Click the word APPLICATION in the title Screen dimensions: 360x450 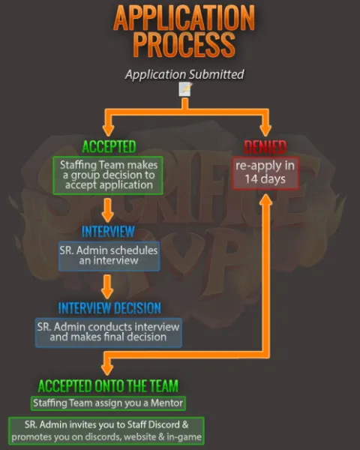(184, 18)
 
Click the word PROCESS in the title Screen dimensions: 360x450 (184, 44)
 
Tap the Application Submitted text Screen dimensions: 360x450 (184, 74)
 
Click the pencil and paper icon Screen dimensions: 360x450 (185, 89)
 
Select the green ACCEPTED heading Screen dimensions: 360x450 (109, 147)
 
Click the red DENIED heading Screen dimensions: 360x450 (265, 147)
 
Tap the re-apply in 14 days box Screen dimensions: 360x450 (265, 173)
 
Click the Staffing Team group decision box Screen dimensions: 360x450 (108, 175)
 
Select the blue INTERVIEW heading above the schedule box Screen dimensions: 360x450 (108, 232)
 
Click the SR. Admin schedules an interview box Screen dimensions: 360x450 (109, 256)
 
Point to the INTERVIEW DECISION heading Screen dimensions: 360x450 (109, 308)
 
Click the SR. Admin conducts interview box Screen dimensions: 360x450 (109, 332)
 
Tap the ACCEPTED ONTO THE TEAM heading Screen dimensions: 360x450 (108, 385)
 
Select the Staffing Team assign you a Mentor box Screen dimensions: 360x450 (108, 403)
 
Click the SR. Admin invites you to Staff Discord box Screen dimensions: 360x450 (106, 430)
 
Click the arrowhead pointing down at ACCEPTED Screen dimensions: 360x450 (108, 130)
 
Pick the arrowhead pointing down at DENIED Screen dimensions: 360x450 (265, 130)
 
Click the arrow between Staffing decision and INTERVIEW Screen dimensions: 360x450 (108, 210)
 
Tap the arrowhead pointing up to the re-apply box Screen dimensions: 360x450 (265, 200)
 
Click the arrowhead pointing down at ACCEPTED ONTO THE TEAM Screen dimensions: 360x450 (107, 370)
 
